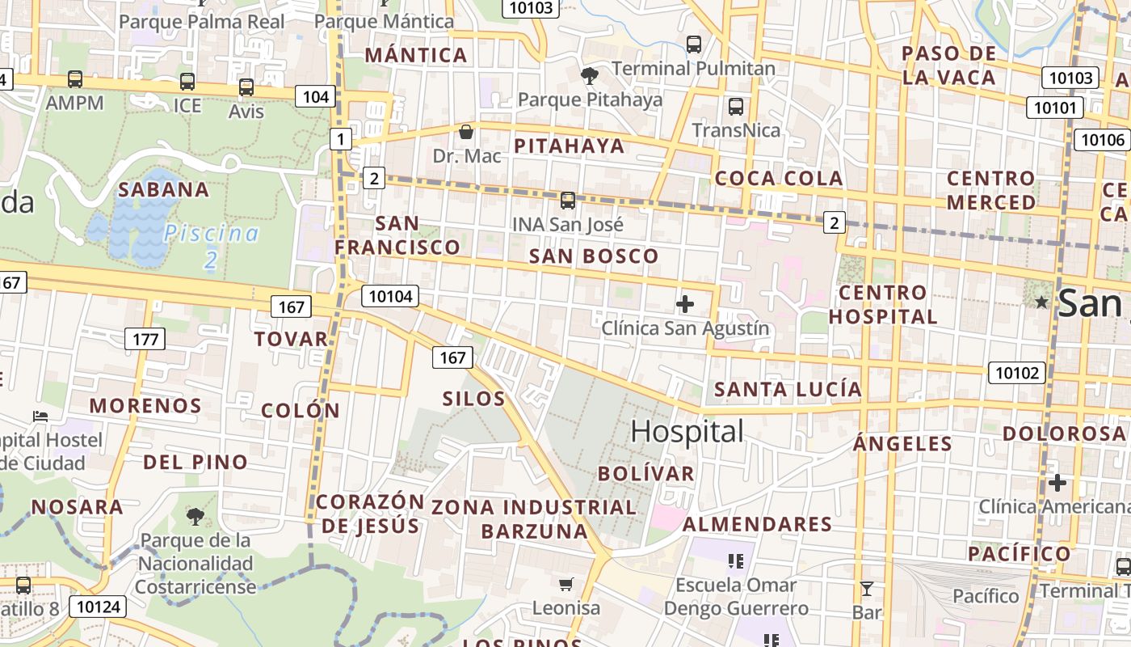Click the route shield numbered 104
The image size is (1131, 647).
tap(315, 97)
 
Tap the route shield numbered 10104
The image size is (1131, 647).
tap(390, 296)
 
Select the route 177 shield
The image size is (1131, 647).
tap(145, 339)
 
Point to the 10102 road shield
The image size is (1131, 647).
tap(1016, 373)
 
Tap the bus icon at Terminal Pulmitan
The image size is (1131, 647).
tap(693, 44)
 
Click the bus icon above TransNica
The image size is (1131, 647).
tap(735, 107)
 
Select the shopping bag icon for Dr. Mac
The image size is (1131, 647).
tap(465, 132)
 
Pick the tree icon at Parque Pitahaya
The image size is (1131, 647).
tap(590, 76)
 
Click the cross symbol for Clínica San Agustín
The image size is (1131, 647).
tap(685, 304)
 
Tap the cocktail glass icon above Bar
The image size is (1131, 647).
tap(867, 588)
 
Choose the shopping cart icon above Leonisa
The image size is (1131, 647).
tap(566, 584)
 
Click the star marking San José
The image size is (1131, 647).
tap(1042, 302)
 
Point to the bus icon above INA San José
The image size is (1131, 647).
tap(568, 201)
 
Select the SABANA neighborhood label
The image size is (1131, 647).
tap(164, 190)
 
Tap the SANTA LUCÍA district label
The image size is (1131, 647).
tap(788, 390)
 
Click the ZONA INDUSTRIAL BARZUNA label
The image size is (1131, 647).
tap(534, 519)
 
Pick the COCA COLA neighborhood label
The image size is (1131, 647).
tap(779, 179)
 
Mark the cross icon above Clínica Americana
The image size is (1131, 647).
tap(1057, 484)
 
